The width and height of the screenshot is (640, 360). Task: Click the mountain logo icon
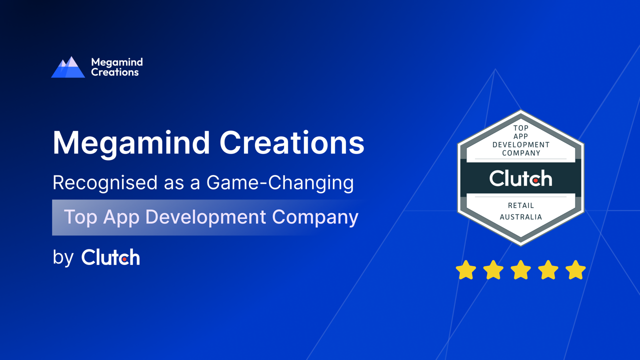point(68,67)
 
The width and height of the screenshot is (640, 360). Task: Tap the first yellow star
point(465,269)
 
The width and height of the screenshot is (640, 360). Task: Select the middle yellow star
point(520,269)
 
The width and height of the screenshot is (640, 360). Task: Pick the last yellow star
point(575,269)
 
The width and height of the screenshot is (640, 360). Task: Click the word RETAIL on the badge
point(521,205)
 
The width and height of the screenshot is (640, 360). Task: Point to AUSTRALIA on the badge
point(521,217)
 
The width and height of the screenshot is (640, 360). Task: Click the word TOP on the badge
point(521,128)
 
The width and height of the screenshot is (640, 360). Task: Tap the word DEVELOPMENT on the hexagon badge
point(521,145)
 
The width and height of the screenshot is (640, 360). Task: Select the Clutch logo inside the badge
point(520,178)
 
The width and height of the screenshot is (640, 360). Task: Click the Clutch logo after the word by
point(110,257)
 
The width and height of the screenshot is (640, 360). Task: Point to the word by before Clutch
point(63,258)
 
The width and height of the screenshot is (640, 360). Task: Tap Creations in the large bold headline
point(291,142)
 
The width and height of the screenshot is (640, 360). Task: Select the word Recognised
point(105,183)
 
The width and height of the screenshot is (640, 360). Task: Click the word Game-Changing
point(280,183)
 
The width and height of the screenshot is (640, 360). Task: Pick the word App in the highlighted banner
point(121,217)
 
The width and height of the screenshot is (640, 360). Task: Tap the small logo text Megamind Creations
point(117,67)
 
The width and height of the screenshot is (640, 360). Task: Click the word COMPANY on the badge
point(521,153)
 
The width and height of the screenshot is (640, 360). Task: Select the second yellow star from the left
point(493,269)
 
